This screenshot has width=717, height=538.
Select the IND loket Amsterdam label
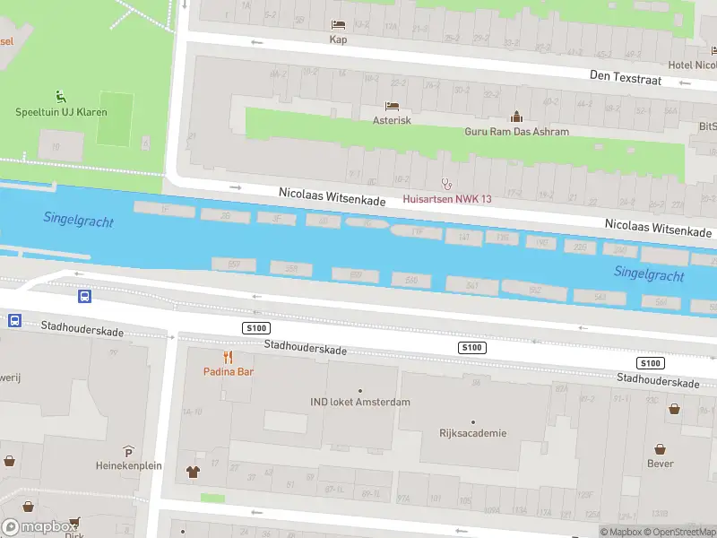coord(360,402)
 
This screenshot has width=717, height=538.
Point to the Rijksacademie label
coord(473,433)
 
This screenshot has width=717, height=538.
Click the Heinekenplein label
coord(128,465)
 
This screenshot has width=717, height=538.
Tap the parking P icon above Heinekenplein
coord(128,451)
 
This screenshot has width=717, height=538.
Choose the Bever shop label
coord(660,464)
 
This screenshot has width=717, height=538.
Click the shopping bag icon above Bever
coord(660,448)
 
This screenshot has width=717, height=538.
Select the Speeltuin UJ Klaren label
coord(61,112)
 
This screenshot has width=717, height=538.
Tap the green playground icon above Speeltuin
coord(60,96)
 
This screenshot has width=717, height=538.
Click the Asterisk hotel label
coord(392,120)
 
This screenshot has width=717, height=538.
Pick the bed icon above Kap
coord(338,24)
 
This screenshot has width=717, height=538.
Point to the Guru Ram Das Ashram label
coord(516,132)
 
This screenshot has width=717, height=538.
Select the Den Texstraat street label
coord(626,77)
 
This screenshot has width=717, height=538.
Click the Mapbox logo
coord(38,527)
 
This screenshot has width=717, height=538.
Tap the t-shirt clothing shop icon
coord(193,471)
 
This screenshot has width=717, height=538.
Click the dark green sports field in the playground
coord(114,118)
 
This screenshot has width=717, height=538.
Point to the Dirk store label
coord(73,534)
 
